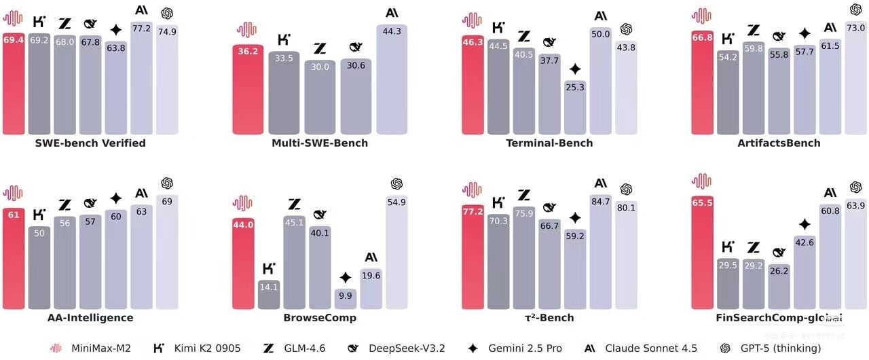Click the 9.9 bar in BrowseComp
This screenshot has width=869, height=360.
point(346,298)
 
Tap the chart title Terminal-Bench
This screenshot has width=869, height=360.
point(549,143)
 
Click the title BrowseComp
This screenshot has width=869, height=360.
point(320,318)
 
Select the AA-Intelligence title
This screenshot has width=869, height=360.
point(90,318)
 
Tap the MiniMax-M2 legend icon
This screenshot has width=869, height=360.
point(56,348)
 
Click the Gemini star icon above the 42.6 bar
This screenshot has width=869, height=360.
point(805,225)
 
